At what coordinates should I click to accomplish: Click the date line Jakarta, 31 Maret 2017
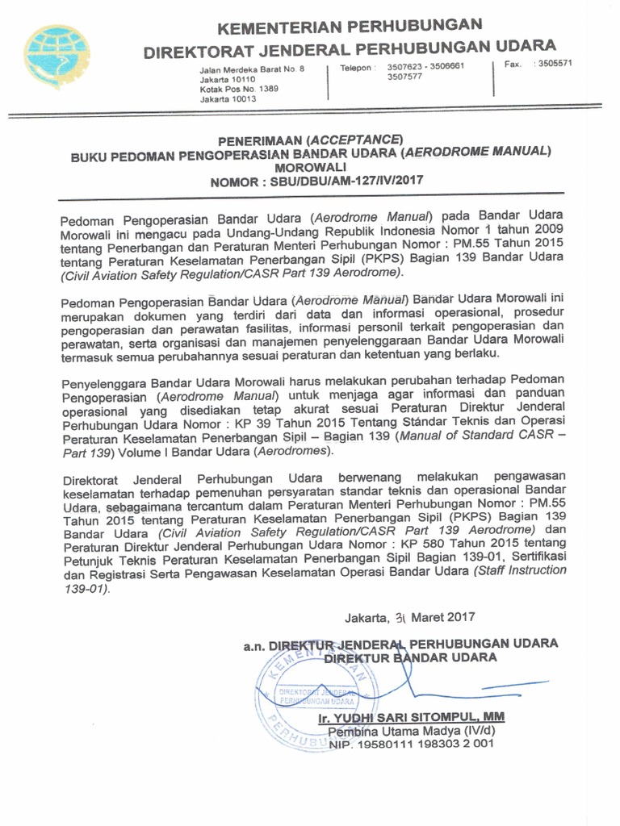[410, 618]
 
